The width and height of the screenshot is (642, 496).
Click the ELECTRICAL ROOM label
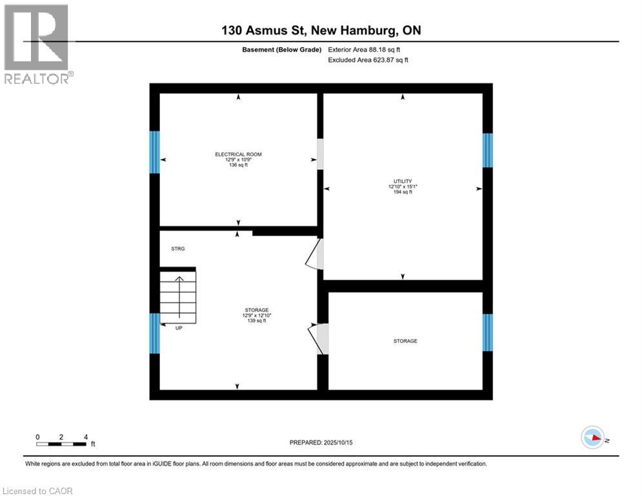(x=238, y=154)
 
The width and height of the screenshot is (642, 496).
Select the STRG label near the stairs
(x=178, y=249)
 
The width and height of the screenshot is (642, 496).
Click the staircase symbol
(x=178, y=297)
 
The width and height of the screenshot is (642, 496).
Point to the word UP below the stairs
(x=179, y=328)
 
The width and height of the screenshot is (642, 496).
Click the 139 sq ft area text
(x=256, y=321)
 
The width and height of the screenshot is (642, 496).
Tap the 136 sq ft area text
(x=238, y=165)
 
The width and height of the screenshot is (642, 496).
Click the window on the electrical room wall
(x=154, y=152)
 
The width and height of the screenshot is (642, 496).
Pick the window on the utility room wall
(x=488, y=150)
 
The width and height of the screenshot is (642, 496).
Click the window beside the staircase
(x=154, y=333)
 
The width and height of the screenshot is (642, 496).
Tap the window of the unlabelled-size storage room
(x=488, y=333)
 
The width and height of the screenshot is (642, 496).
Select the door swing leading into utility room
(x=315, y=254)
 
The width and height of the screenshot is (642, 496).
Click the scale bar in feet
(x=62, y=444)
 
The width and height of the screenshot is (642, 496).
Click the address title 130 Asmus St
(x=321, y=30)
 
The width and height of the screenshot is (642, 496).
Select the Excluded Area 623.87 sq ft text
(x=368, y=60)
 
